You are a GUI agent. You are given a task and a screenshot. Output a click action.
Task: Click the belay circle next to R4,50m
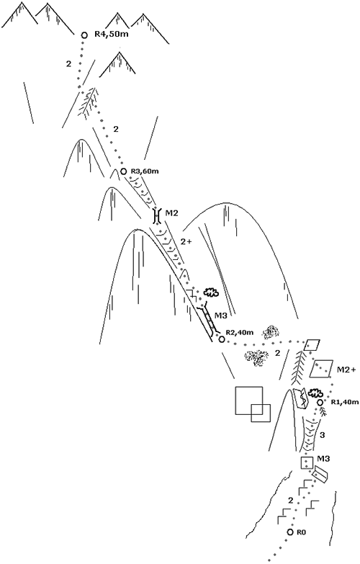[x=84, y=35]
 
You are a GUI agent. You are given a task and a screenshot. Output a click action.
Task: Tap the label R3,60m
[x=145, y=171]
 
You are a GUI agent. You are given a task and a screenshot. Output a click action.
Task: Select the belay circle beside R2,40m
[x=222, y=339]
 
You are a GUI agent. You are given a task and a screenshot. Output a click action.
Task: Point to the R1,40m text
[x=346, y=402]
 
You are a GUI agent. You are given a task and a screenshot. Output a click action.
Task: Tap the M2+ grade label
[x=346, y=370]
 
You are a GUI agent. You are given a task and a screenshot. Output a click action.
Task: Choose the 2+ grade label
[x=186, y=242]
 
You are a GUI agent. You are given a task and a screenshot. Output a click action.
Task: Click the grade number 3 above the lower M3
[x=323, y=435]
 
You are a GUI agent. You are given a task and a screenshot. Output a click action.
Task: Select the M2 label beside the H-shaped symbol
[x=172, y=213]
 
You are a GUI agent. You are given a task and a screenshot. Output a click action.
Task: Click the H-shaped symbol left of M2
[x=156, y=215]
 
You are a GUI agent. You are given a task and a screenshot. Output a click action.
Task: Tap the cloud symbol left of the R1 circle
[x=316, y=392]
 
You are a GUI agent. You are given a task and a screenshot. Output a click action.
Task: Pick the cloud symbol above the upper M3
[x=211, y=292]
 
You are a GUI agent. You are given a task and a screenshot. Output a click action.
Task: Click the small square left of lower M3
[x=307, y=462]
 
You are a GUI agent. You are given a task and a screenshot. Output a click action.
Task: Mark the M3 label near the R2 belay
[x=221, y=315]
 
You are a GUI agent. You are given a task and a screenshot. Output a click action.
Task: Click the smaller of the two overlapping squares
[x=261, y=413]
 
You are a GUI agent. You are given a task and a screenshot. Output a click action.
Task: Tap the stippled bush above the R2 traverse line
[x=271, y=332]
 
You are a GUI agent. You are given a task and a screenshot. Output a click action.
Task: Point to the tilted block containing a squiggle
[x=301, y=398]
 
